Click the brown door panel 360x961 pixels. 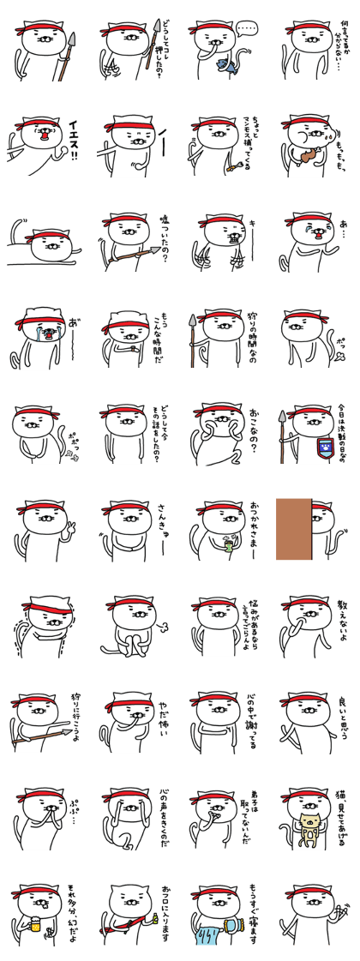click(293, 529)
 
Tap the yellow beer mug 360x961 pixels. click(33, 929)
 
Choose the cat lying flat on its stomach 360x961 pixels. click(39, 244)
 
